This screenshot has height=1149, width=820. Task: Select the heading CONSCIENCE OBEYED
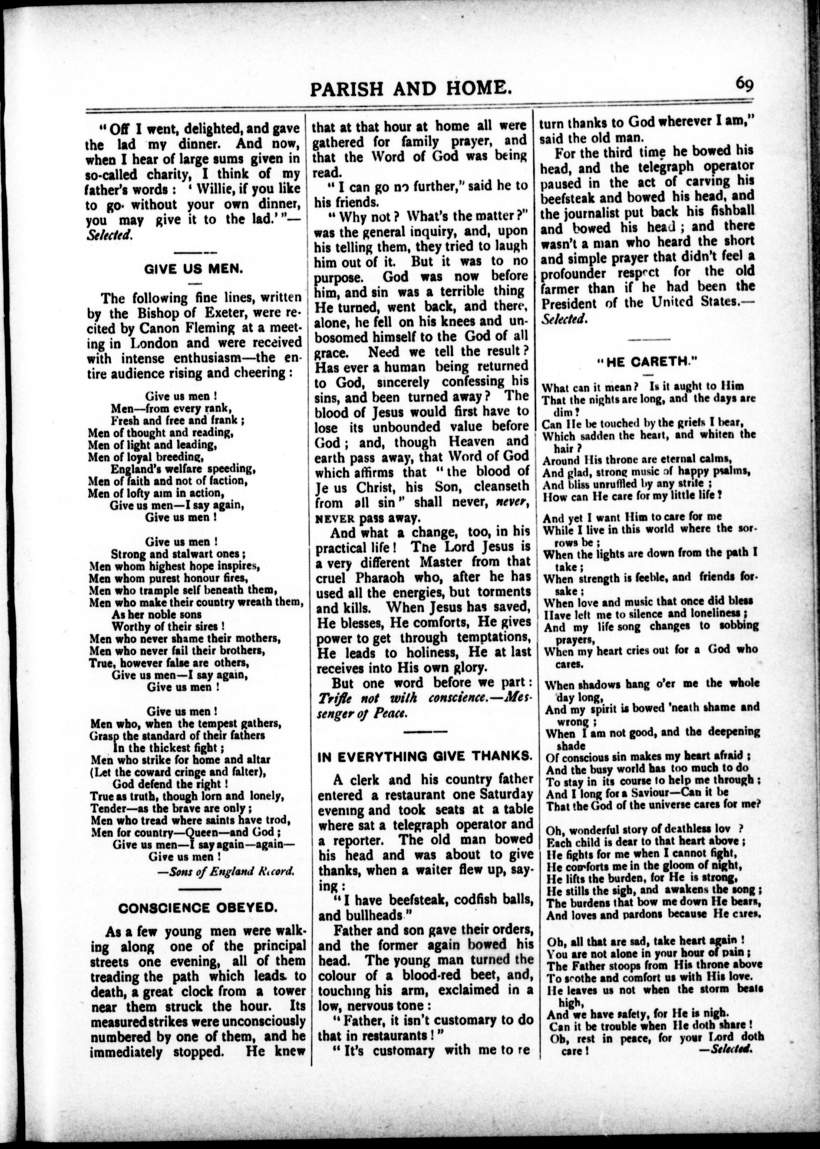tap(198, 907)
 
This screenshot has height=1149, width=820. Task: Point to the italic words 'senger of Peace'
tap(361, 713)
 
